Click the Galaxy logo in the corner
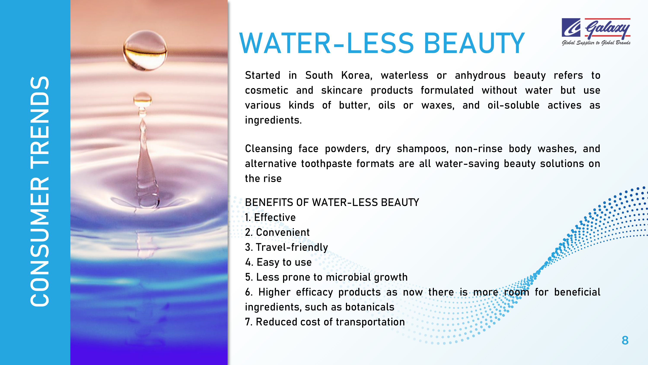coord(596,32)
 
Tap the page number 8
coord(625,340)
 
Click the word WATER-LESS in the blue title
coord(326,43)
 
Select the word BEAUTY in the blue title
coord(474,43)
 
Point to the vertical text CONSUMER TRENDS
coord(40,191)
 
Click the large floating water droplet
coord(145,50)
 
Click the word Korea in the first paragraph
coord(357,75)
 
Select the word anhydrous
coord(480,76)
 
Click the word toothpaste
coord(326,164)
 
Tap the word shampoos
coord(423,149)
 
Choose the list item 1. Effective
coord(271,217)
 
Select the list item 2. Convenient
coord(277,232)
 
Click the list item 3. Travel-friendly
coord(287,248)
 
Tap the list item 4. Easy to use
coord(279,262)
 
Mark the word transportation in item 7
coord(370,322)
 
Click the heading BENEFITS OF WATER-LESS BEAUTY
coord(332,202)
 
